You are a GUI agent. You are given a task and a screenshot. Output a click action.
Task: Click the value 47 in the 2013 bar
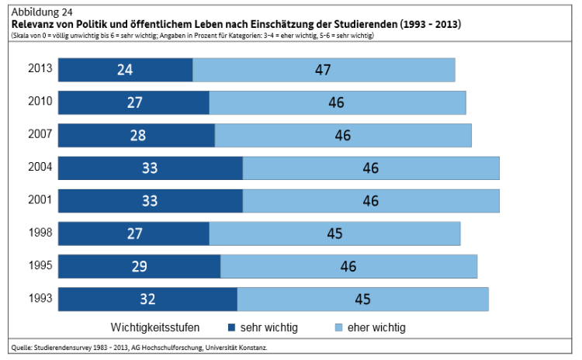click(x=323, y=70)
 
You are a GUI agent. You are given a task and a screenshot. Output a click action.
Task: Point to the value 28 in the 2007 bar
click(x=138, y=136)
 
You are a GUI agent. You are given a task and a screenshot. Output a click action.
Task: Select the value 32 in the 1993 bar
click(x=147, y=299)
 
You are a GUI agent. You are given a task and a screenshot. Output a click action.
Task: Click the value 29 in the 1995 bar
click(x=139, y=267)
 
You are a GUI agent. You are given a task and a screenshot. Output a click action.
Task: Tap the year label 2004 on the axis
click(x=40, y=167)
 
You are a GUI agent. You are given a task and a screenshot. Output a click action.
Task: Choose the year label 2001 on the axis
click(x=40, y=200)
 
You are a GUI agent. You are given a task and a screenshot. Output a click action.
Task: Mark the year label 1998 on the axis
click(x=40, y=233)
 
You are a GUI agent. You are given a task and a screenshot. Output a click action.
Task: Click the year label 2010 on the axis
click(x=40, y=102)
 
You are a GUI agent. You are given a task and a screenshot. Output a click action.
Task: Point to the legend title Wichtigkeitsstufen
click(x=161, y=327)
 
